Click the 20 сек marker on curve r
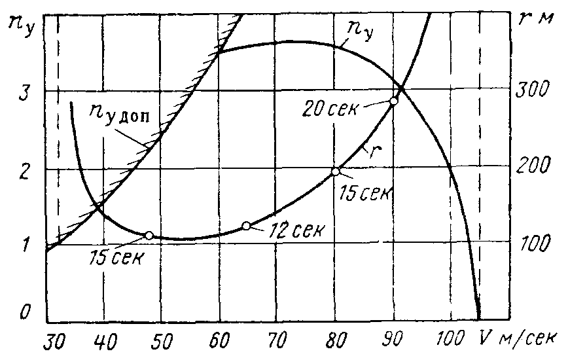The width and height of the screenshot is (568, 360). pyautogui.click(x=394, y=101)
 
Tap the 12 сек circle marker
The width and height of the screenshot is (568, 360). pyautogui.click(x=246, y=226)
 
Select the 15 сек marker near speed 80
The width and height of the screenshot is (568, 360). pyautogui.click(x=335, y=171)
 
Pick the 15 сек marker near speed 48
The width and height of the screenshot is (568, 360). pyautogui.click(x=149, y=236)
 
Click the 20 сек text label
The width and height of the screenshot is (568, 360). pyautogui.click(x=329, y=108)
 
